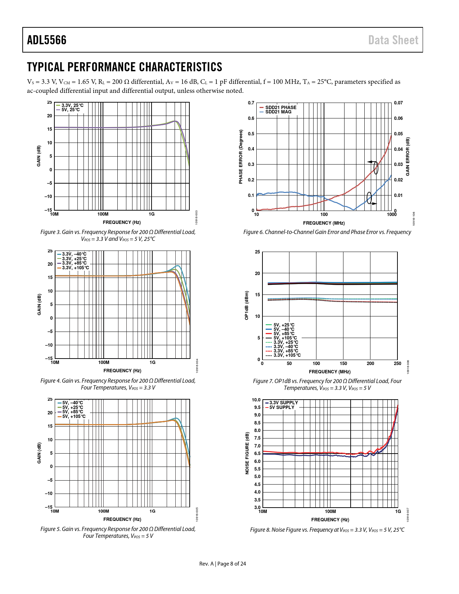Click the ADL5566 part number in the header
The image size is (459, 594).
tap(47, 40)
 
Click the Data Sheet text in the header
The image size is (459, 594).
tap(393, 40)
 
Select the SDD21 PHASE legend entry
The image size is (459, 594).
tap(280, 107)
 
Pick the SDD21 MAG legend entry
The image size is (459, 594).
tap(278, 112)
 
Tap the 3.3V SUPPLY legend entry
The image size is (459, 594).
tap(283, 402)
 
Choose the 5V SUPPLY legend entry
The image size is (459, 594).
tap(282, 407)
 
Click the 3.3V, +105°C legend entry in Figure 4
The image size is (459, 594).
tap(75, 267)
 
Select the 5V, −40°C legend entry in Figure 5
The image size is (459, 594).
tap(72, 403)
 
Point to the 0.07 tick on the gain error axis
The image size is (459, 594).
tap(398, 103)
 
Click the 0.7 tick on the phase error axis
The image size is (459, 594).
tap(251, 103)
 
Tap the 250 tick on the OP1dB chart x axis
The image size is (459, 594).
tap(397, 364)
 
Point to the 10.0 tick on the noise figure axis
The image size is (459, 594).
tap(256, 400)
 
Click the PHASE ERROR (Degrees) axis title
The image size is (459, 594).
tap(241, 157)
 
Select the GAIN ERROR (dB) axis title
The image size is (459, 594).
tap(408, 157)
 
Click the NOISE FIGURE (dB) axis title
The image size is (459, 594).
tap(247, 453)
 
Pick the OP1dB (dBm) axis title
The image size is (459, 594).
tap(247, 305)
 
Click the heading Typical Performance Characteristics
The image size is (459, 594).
tap(125, 67)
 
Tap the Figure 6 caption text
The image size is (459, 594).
tap(327, 232)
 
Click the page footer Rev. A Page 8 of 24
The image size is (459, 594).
tap(222, 564)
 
